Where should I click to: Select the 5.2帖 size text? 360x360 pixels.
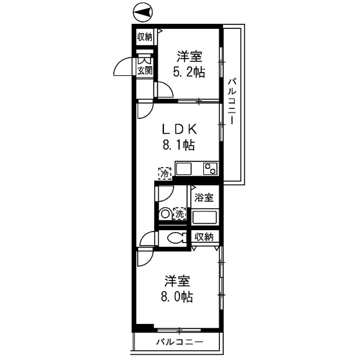pyautogui.click(x=188, y=72)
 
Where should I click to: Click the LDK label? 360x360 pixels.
pyautogui.click(x=179, y=127)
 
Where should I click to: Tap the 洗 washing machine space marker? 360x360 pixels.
pyautogui.click(x=179, y=213)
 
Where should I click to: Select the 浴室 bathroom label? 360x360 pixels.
pyautogui.click(x=204, y=198)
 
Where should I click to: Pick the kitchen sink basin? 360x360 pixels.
pyautogui.click(x=184, y=169)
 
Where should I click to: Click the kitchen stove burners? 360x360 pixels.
pyautogui.click(x=210, y=169)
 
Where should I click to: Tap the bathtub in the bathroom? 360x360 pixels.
pyautogui.click(x=206, y=215)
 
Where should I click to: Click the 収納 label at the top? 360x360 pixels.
pyautogui.click(x=144, y=37)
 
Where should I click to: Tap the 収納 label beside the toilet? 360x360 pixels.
pyautogui.click(x=204, y=237)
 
